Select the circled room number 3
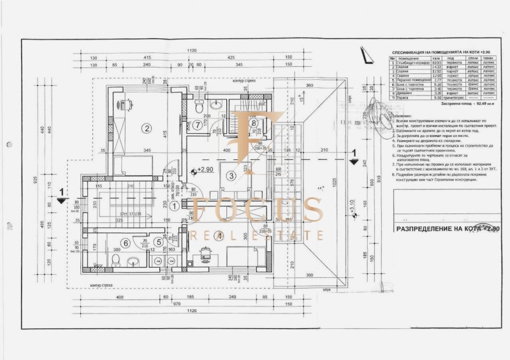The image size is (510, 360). (x=231, y=176)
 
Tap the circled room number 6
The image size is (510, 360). (x=125, y=243)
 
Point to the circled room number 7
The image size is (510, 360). (x=198, y=125)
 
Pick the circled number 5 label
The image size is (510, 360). (x=158, y=242)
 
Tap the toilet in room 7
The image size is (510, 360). (x=200, y=109)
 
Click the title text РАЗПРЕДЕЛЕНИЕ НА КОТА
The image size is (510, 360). (x=446, y=227)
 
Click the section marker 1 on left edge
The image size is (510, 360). (x=61, y=192)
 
